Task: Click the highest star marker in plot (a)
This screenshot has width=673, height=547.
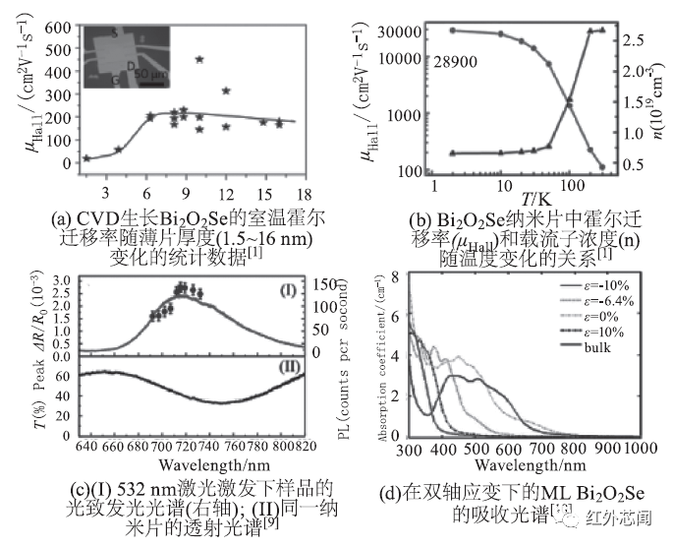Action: click(199, 59)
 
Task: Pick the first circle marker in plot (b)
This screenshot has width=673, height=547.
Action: click(452, 30)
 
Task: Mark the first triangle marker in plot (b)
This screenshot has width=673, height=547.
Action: click(452, 153)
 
